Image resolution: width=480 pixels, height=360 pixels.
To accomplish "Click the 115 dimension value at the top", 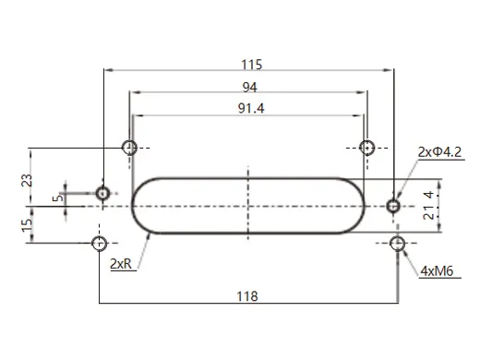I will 251,65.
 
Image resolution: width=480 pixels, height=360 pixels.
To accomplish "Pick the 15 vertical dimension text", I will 26,222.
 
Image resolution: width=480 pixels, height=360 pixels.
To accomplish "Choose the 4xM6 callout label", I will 436,271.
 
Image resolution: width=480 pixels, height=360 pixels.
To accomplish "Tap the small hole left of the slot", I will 103,193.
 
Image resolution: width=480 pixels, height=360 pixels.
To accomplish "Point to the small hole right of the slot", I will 394,205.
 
